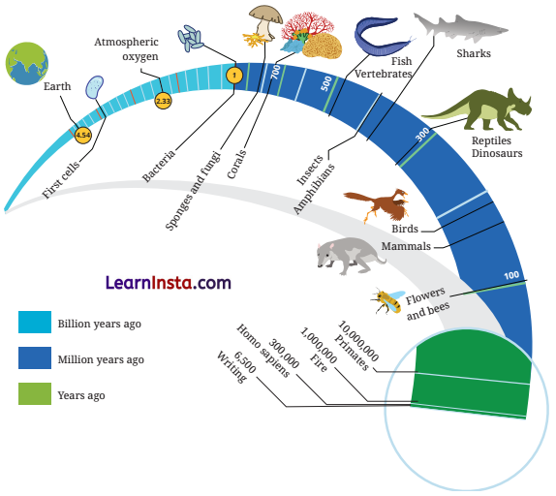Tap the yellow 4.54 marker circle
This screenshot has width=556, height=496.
point(82,137)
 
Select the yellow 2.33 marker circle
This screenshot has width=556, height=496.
point(163,99)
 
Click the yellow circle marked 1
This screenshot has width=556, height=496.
point(232,74)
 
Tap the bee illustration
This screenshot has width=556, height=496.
point(387,299)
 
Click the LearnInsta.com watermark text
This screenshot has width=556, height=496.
point(168,283)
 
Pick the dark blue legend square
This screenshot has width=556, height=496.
point(35,359)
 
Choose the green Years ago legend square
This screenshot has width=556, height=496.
point(35,395)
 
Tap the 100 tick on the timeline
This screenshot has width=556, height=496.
point(511,276)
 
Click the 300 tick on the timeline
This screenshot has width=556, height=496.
point(421,135)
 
